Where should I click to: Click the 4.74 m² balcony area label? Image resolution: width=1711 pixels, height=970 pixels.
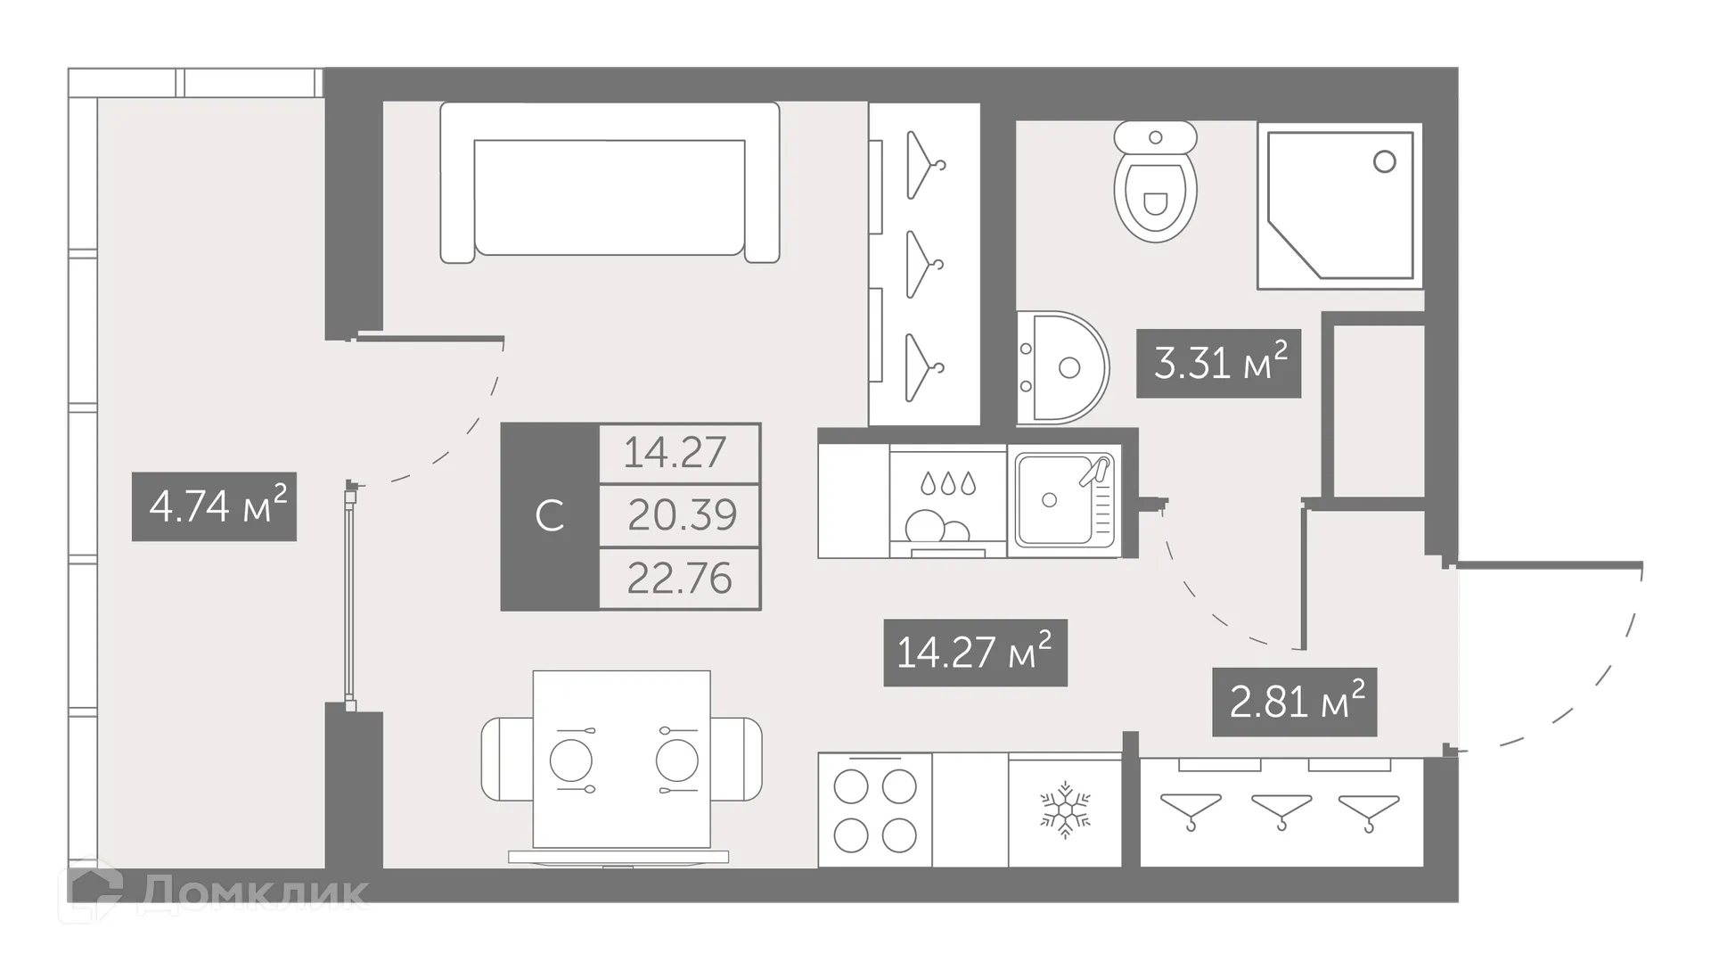tap(214, 507)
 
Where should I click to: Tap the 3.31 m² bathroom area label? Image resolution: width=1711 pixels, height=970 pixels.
tap(1218, 364)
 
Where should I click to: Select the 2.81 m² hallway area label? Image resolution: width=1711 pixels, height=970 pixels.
tap(1294, 703)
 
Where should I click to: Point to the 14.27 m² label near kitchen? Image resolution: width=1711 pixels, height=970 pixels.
tap(975, 653)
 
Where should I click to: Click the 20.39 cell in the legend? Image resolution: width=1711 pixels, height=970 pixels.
tap(681, 515)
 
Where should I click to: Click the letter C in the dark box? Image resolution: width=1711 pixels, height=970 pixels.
tap(549, 516)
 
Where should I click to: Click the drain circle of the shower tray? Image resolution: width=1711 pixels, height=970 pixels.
tap(1384, 161)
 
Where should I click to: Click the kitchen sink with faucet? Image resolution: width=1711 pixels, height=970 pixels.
tap(1062, 499)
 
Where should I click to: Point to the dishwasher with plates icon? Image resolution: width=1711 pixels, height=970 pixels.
tap(947, 505)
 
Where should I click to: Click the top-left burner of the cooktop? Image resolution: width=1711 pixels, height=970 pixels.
tap(850, 787)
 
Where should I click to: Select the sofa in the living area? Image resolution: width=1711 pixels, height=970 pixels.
tap(610, 184)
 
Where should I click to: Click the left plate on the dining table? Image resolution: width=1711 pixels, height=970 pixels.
tap(570, 761)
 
